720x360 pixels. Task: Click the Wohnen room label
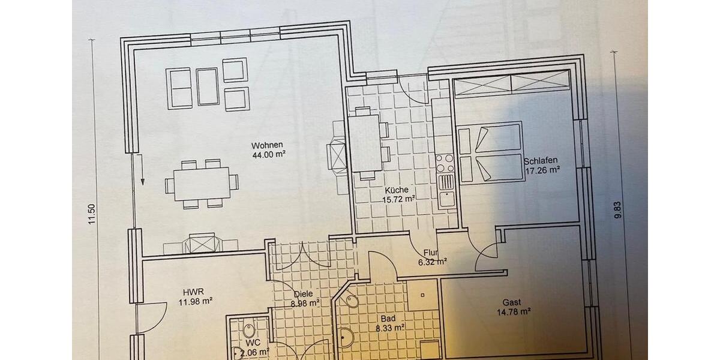coord(267,145)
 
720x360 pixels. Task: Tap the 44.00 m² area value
coord(268,154)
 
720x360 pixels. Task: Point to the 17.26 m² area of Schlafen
coord(542,170)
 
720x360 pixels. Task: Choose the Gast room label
coord(512,302)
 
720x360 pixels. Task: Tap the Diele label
coord(304,295)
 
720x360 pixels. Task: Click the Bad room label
coord(387,319)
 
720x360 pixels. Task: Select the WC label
coord(252,343)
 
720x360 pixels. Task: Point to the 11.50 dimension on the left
coord(92,214)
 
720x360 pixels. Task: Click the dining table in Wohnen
coord(202,182)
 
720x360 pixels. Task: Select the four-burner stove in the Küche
coord(445,163)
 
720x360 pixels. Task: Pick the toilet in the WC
coord(250,331)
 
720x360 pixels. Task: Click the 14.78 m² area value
coord(514,311)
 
